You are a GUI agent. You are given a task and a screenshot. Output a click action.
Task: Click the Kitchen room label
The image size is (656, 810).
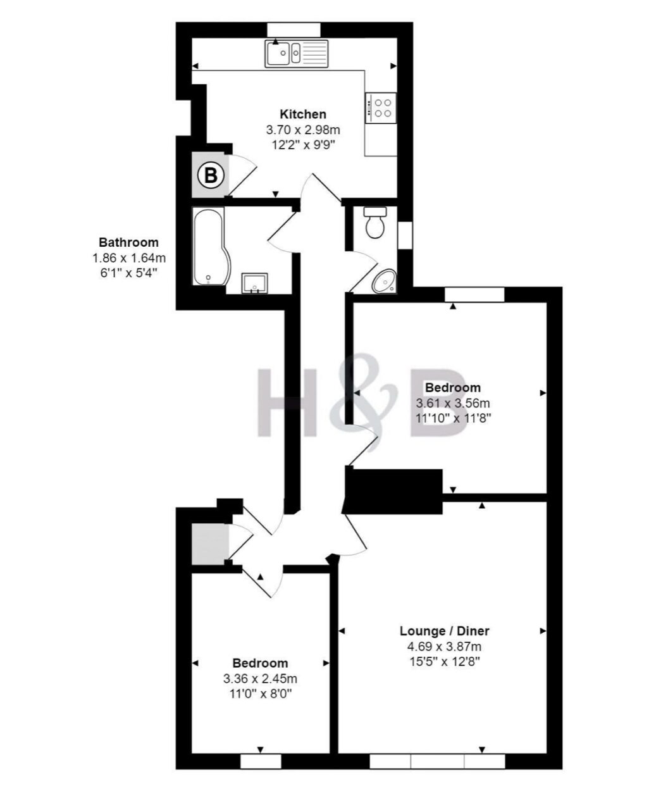(x=303, y=114)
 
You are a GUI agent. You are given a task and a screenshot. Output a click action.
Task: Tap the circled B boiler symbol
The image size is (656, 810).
(x=211, y=176)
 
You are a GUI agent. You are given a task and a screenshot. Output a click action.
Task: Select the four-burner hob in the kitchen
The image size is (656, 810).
(x=380, y=108)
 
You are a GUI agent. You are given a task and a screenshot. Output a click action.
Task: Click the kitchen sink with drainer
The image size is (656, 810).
(x=297, y=54)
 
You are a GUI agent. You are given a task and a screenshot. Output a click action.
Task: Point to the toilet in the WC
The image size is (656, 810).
(x=375, y=223)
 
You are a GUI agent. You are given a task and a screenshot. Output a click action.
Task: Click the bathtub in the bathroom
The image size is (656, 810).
(x=209, y=246)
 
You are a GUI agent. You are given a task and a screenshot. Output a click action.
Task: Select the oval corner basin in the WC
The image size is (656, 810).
(x=384, y=281)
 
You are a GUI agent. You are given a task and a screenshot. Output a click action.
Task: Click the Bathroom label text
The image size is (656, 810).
(x=128, y=242)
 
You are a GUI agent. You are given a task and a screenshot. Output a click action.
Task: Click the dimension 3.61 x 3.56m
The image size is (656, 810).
(x=453, y=402)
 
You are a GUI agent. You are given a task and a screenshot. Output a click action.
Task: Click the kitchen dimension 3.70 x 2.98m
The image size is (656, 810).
(x=303, y=130)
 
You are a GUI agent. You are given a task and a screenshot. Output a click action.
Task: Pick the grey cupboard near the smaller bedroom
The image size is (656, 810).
(x=210, y=544)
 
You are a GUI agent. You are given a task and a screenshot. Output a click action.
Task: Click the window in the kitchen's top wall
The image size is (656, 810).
(x=294, y=30)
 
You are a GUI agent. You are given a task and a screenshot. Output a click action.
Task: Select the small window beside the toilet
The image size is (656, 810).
(x=405, y=235)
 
